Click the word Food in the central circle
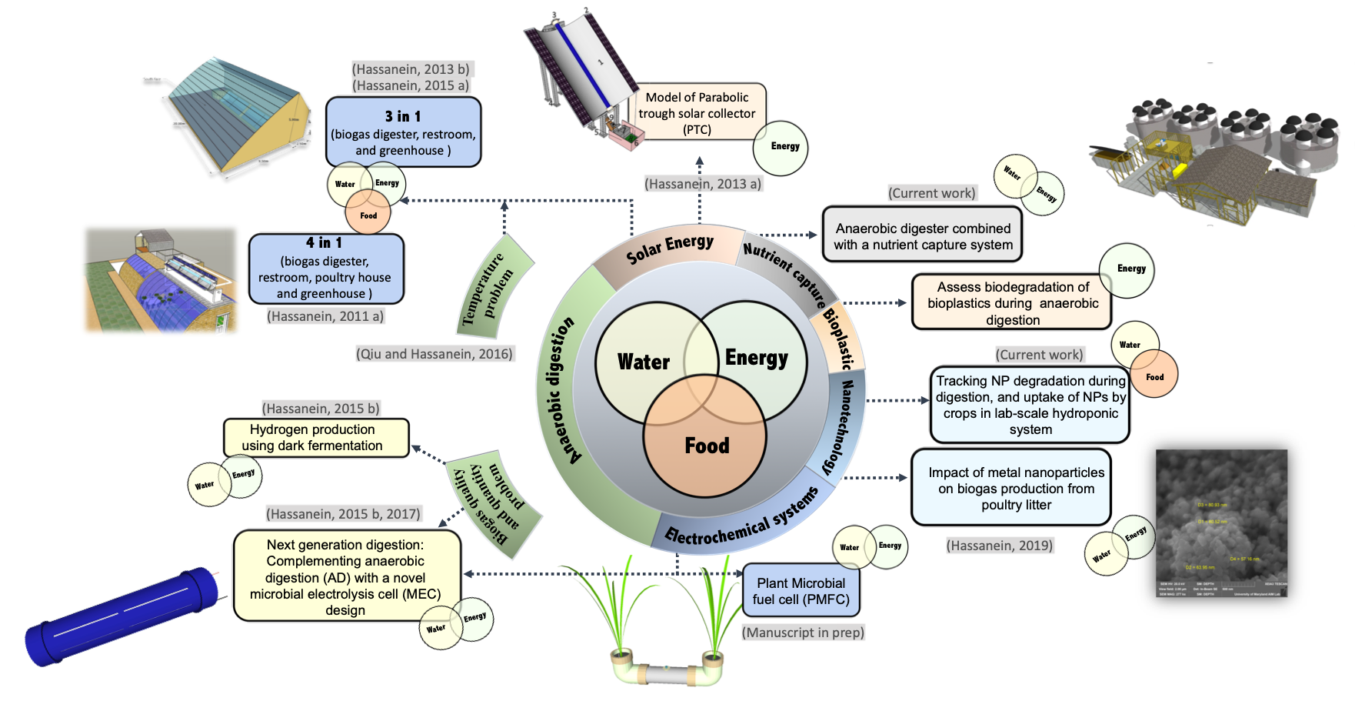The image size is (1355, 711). pyautogui.click(x=707, y=446)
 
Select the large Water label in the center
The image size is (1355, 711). pyautogui.click(x=644, y=362)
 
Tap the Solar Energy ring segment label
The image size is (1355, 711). pyautogui.click(x=669, y=248)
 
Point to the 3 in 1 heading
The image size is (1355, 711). pyautogui.click(x=403, y=116)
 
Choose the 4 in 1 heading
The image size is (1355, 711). pyautogui.click(x=324, y=243)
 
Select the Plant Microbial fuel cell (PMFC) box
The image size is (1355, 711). pyautogui.click(x=801, y=591)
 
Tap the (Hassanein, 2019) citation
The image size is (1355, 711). pyautogui.click(x=1000, y=546)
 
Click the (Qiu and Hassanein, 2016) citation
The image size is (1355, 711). pyautogui.click(x=434, y=354)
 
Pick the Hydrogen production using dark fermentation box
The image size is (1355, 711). pyautogui.click(x=315, y=438)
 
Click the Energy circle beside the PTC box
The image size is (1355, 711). pyautogui.click(x=781, y=147)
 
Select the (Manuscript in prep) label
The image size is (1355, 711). pyautogui.click(x=803, y=633)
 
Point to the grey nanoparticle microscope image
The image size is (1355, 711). pyautogui.click(x=1221, y=523)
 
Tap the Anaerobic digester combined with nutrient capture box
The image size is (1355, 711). pyautogui.click(x=922, y=236)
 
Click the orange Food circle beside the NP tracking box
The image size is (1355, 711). pyautogui.click(x=1154, y=376)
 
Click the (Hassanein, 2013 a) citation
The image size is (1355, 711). pyautogui.click(x=703, y=184)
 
